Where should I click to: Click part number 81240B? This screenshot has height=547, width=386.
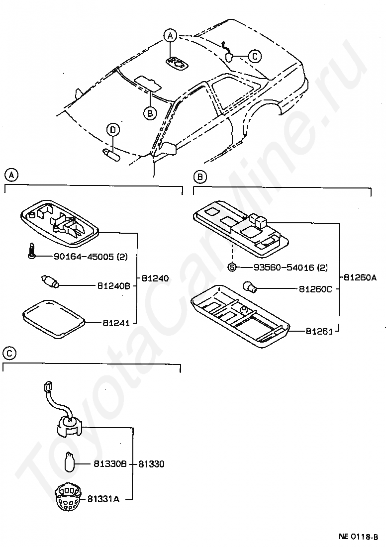pyautogui.click(x=113, y=286)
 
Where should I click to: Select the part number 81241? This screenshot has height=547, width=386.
pyautogui.click(x=116, y=323)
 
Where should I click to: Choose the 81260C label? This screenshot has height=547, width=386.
pyautogui.click(x=315, y=288)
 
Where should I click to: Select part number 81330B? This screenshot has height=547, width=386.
pyautogui.click(x=110, y=464)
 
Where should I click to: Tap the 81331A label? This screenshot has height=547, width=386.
pyautogui.click(x=103, y=499)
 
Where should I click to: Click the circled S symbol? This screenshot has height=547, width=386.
pyautogui.click(x=232, y=268)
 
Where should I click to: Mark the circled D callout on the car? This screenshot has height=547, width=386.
pyautogui.click(x=113, y=130)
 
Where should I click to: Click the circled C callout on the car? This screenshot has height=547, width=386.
pyautogui.click(x=254, y=56)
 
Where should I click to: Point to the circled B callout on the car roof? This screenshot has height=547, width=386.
pyautogui.click(x=150, y=113)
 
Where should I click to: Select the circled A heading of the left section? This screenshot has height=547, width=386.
pyautogui.click(x=11, y=175)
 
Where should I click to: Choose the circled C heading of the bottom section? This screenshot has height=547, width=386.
pyautogui.click(x=9, y=354)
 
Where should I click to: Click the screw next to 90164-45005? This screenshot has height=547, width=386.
pyautogui.click(x=31, y=252)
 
